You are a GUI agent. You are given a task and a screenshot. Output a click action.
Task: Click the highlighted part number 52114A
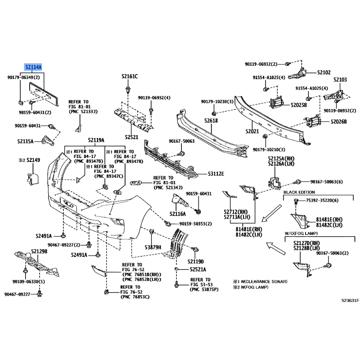[x=33, y=67]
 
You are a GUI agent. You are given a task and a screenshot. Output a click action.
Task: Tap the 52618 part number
[x=210, y=121]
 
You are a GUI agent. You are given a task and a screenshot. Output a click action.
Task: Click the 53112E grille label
[x=216, y=173]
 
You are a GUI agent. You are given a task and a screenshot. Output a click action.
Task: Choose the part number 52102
[x=323, y=72]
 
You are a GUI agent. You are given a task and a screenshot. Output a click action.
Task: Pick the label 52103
[x=340, y=80]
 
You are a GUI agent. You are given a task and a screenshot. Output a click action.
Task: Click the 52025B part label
[x=298, y=105]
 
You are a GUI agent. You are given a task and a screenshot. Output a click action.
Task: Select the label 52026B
[x=338, y=121]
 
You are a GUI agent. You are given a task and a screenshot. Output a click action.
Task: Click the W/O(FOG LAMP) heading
[x=301, y=234]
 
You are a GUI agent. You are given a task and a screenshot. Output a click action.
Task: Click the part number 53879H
[x=153, y=247]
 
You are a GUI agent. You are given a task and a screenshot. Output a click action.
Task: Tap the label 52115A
[x=26, y=141]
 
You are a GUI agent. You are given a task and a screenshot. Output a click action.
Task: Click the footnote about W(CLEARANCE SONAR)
[x=260, y=281]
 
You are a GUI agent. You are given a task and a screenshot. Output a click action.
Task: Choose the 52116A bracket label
[x=179, y=213]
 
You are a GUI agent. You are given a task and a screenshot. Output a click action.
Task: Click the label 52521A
[x=198, y=270]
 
